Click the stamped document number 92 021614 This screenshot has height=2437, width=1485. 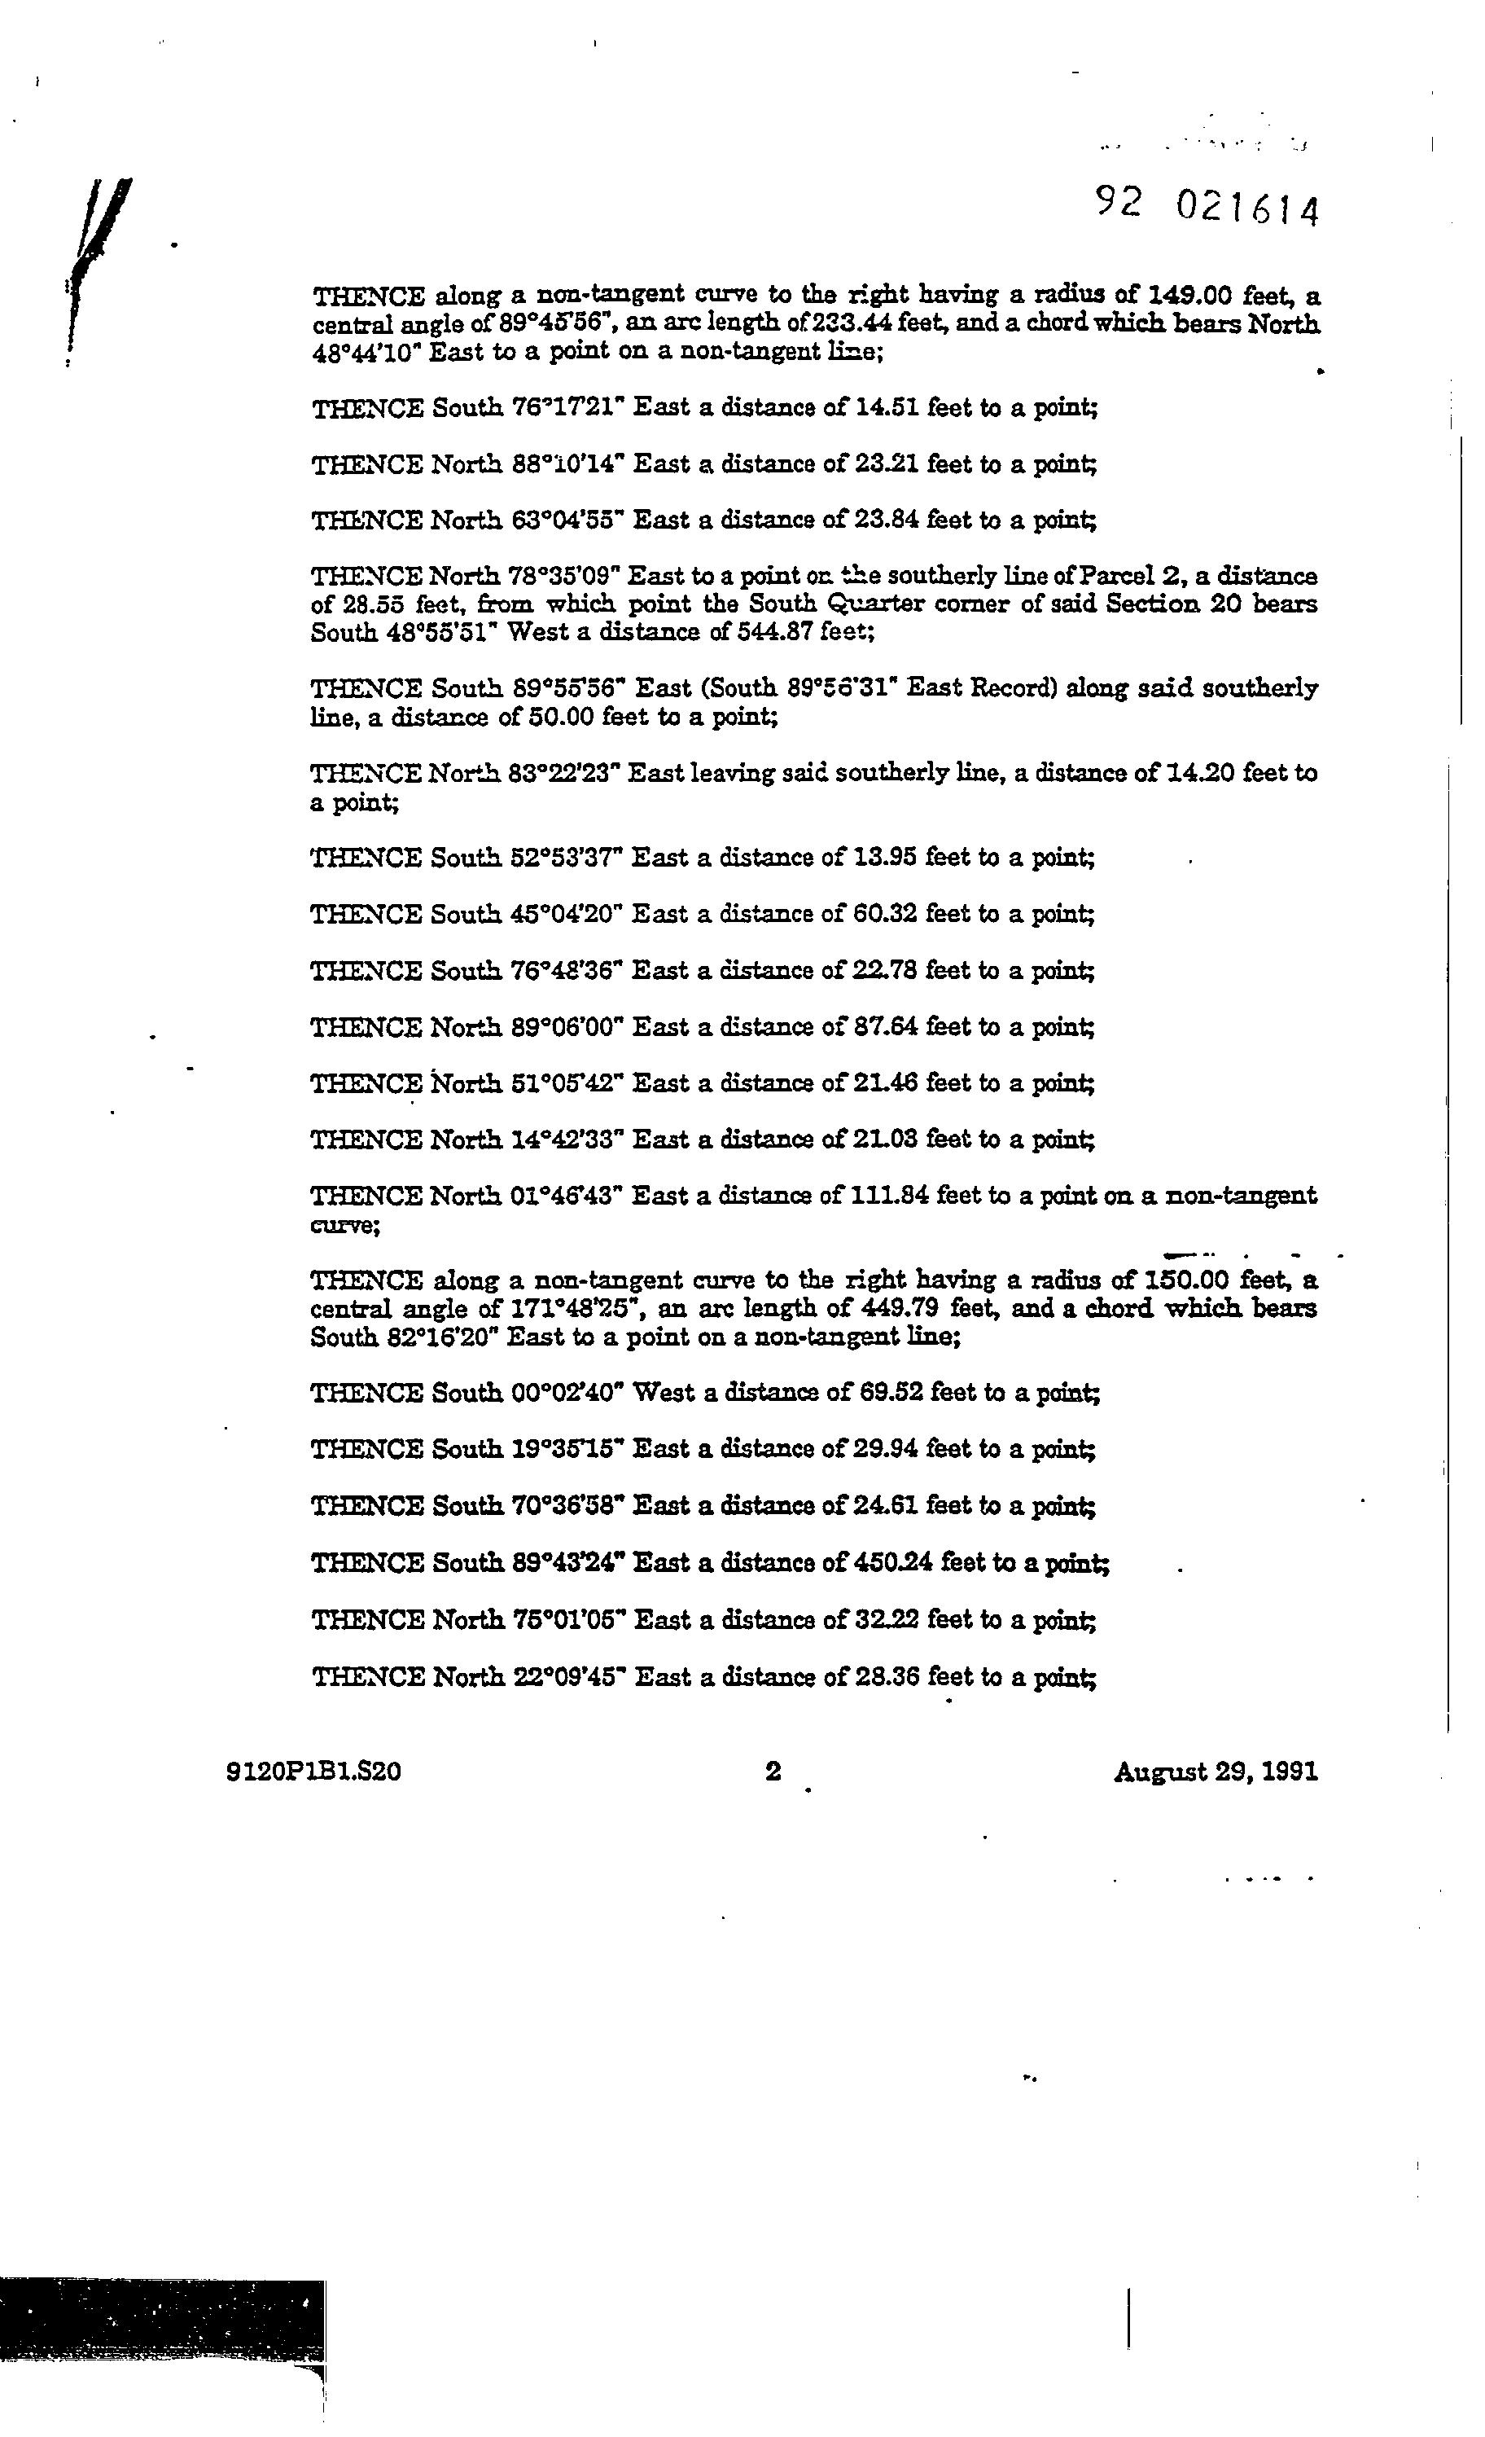(1207, 207)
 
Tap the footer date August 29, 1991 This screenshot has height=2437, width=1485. (1215, 1772)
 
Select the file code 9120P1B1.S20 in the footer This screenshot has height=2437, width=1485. (313, 1772)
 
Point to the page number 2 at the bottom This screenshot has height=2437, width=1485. (773, 1772)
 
